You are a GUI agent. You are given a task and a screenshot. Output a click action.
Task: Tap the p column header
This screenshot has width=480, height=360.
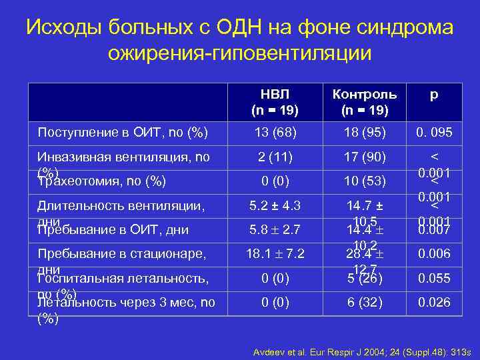pyautogui.click(x=433, y=95)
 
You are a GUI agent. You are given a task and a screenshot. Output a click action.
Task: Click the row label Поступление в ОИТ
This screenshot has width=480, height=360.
pyautogui.click(x=123, y=133)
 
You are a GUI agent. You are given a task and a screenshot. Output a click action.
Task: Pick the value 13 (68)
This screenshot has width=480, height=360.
pyautogui.click(x=275, y=133)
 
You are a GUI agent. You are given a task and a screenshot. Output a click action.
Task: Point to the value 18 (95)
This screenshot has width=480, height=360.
pyautogui.click(x=365, y=133)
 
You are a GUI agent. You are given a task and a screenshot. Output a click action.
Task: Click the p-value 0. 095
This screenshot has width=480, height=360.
pyautogui.click(x=434, y=133)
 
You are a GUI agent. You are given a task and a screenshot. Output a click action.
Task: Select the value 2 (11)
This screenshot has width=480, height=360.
pyautogui.click(x=275, y=157)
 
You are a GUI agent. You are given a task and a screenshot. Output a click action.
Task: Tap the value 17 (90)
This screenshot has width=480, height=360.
pyautogui.click(x=365, y=157)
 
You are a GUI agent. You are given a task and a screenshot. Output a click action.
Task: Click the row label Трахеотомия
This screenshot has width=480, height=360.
pyautogui.click(x=102, y=180)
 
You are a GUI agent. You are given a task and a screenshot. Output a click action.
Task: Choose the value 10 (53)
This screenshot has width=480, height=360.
pyautogui.click(x=365, y=181)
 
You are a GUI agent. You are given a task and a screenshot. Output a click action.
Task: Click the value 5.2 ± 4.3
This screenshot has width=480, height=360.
pyautogui.click(x=275, y=206)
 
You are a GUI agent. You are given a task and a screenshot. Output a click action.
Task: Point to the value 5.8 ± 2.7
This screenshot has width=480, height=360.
pyautogui.click(x=275, y=231)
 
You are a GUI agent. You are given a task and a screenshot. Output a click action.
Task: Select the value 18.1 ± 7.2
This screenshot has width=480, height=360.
pyautogui.click(x=275, y=254)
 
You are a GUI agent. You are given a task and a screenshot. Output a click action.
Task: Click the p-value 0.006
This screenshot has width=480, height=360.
pyautogui.click(x=434, y=254)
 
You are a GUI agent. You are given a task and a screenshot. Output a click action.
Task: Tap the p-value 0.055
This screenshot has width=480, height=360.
pyautogui.click(x=434, y=278)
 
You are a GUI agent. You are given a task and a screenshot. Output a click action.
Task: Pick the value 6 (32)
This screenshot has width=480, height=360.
pyautogui.click(x=365, y=302)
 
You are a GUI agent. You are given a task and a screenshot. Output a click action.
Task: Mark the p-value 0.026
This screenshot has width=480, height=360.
pyautogui.click(x=434, y=302)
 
